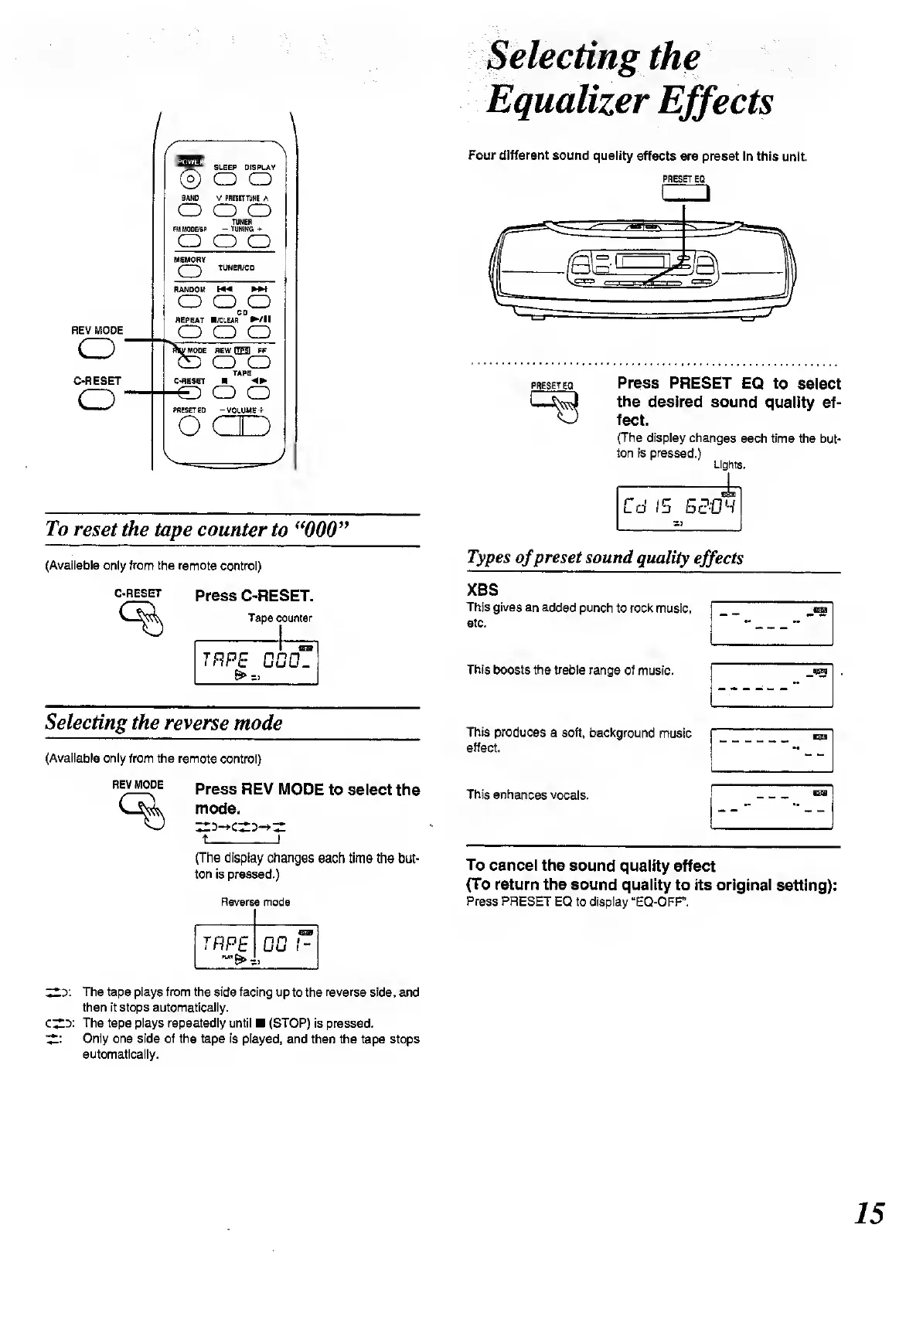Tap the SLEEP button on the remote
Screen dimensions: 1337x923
pyautogui.click(x=225, y=179)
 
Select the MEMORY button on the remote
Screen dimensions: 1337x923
pyautogui.click(x=190, y=271)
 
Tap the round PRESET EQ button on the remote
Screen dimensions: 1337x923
pyautogui.click(x=190, y=426)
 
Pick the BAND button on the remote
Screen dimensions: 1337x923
pyautogui.click(x=190, y=210)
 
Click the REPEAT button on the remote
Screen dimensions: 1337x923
pyautogui.click(x=190, y=332)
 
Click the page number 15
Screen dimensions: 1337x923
pyautogui.click(x=870, y=1213)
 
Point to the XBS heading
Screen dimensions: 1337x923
pyautogui.click(x=482, y=589)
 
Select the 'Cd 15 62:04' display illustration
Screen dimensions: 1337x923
pyautogui.click(x=678, y=508)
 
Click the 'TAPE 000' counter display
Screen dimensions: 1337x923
pyautogui.click(x=256, y=662)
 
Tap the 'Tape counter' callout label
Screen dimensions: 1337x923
pyautogui.click(x=280, y=618)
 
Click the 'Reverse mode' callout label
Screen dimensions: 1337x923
pyautogui.click(x=255, y=902)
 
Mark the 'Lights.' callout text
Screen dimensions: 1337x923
pyautogui.click(x=728, y=465)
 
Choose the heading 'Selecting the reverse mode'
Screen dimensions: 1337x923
pyautogui.click(x=164, y=723)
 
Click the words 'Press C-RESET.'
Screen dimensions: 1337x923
pyautogui.click(x=254, y=596)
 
